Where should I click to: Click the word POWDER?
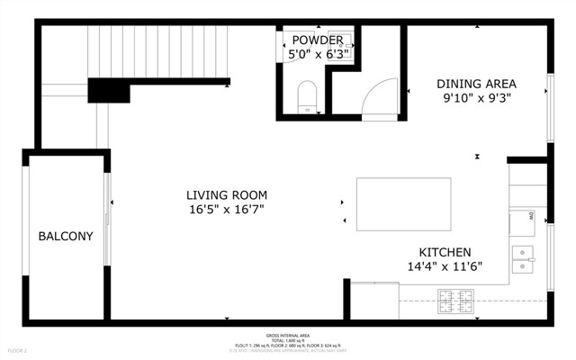pos(317,40)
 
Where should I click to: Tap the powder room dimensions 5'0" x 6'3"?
pos(317,55)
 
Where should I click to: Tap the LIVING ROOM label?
pos(226,195)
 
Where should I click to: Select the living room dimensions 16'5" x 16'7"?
pos(226,210)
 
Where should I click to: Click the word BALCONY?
pos(65,237)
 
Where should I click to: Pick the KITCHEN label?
pos(445,253)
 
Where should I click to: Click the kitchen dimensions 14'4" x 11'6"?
pos(445,267)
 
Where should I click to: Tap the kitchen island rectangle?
pos(403,204)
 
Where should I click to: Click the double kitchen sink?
pos(522,258)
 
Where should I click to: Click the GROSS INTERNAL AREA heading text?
pos(288,334)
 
